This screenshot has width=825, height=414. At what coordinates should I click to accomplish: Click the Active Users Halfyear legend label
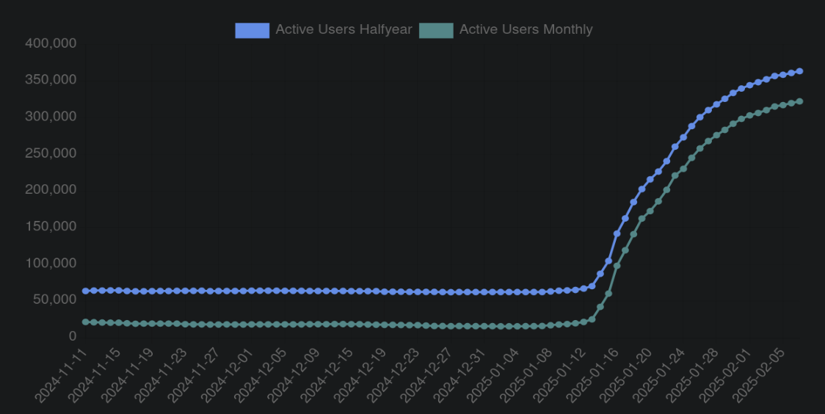(x=344, y=30)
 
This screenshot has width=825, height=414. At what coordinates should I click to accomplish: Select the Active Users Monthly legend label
(x=526, y=30)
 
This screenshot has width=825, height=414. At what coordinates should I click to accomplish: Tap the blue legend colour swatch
(x=252, y=30)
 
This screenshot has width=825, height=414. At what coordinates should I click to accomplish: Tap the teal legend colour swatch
(x=436, y=30)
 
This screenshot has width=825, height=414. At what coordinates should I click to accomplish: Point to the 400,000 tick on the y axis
(x=51, y=43)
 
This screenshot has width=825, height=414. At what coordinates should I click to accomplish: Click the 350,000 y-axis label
(x=51, y=79)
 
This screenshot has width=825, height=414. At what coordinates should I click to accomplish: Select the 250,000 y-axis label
(x=51, y=153)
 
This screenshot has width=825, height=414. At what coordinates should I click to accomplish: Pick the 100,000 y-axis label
(x=51, y=263)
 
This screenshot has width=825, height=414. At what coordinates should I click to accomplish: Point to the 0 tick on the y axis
(x=72, y=336)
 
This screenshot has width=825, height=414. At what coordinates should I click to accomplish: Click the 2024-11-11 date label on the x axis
(x=60, y=374)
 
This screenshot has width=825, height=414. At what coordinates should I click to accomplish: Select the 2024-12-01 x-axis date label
(x=228, y=374)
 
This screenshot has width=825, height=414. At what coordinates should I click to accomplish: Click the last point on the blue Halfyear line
(x=799, y=71)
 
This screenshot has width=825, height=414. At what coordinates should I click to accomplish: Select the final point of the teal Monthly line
(x=799, y=101)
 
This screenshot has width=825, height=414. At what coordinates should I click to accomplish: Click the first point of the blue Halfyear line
(x=85, y=291)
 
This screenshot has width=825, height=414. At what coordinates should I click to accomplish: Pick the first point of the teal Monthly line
(x=85, y=322)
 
